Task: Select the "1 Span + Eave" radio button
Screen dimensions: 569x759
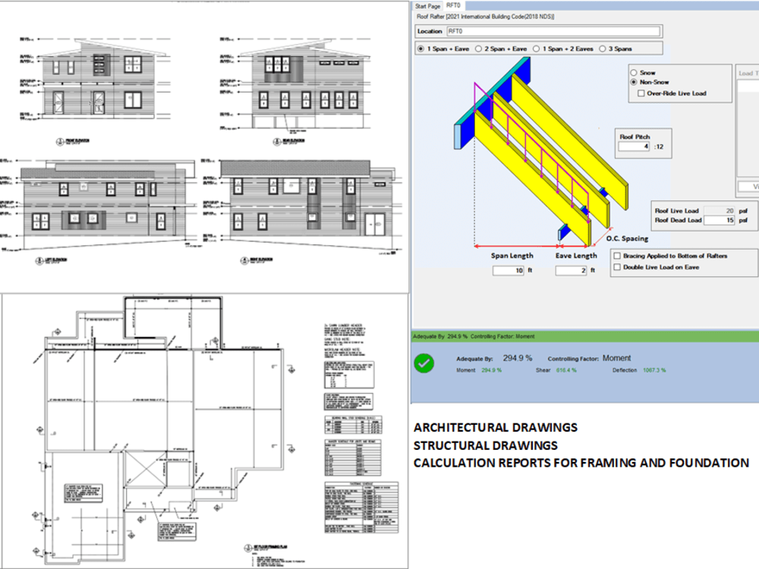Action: (x=421, y=49)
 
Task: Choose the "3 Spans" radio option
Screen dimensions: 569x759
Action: (x=602, y=49)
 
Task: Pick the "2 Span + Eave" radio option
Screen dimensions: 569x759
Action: (x=478, y=49)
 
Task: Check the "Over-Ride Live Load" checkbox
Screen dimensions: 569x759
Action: (x=642, y=93)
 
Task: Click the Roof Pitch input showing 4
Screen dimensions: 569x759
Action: (x=635, y=146)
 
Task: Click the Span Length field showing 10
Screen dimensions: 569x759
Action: (x=508, y=270)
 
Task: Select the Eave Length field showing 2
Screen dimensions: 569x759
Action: (x=570, y=270)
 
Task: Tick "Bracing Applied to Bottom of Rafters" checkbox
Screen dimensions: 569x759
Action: (x=617, y=256)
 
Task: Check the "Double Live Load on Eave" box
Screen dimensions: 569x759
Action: (x=617, y=267)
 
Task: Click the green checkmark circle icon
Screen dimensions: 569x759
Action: (x=424, y=363)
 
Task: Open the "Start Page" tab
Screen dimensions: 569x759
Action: (x=427, y=5)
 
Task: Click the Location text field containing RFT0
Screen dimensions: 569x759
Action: (x=552, y=31)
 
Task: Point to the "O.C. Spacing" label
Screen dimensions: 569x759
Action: (x=627, y=239)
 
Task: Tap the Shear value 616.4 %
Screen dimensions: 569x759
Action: (x=562, y=370)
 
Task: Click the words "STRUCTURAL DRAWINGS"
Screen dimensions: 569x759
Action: (x=486, y=445)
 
